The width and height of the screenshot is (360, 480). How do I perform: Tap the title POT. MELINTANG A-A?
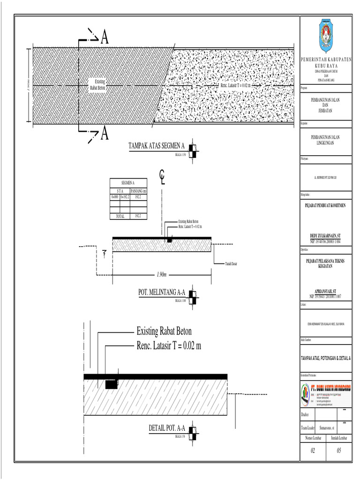[x=162, y=292]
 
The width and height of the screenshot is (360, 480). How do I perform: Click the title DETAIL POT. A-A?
[x=167, y=428]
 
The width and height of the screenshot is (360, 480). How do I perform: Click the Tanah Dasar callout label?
[x=231, y=264]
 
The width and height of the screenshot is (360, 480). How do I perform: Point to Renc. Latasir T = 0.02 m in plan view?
[x=235, y=86]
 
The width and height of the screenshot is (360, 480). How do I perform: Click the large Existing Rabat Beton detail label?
[x=164, y=331]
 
